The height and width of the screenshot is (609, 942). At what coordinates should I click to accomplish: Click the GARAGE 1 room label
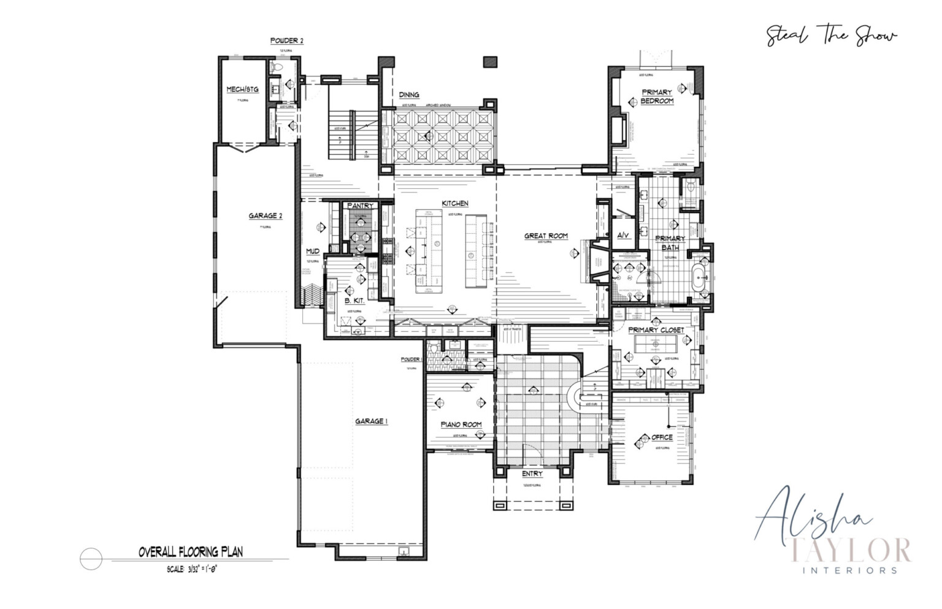tap(372, 421)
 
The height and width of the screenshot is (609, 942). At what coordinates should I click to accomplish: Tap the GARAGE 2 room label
tap(266, 216)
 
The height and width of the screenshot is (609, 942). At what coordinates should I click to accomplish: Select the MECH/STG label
tap(242, 90)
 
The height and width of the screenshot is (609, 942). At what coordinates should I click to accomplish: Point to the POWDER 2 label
tap(286, 41)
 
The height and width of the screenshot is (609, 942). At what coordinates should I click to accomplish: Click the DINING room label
tap(409, 95)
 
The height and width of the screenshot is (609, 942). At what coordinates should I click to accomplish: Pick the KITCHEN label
tap(455, 204)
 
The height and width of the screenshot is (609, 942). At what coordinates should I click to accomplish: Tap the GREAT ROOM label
tap(546, 236)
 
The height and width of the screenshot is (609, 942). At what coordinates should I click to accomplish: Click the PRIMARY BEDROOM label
tap(657, 96)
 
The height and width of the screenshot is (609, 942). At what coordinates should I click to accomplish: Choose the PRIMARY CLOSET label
tap(656, 330)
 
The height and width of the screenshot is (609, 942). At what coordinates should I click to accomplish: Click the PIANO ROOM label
tap(461, 424)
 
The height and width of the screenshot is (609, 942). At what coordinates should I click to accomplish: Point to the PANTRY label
tap(360, 206)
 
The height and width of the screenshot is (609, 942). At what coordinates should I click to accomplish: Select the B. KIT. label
tap(354, 301)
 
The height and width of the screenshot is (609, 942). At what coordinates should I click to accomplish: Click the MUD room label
tap(312, 251)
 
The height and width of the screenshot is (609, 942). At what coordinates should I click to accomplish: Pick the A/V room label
tap(622, 236)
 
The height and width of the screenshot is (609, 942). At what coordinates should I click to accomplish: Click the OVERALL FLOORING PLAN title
tap(190, 553)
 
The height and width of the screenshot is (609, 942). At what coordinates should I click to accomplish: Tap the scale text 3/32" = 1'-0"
tap(192, 570)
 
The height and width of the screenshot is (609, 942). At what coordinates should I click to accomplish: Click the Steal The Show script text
tap(832, 36)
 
